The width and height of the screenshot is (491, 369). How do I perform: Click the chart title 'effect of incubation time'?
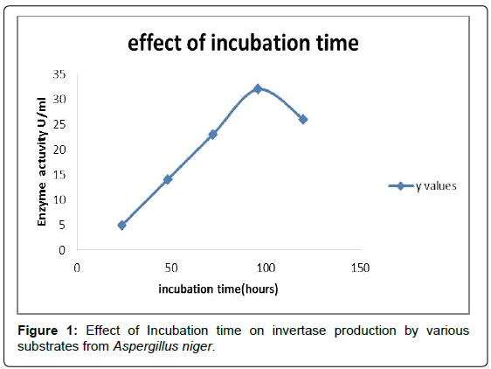(243, 43)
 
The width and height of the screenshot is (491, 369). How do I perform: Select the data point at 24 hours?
(122, 225)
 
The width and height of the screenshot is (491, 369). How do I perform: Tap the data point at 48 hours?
(168, 179)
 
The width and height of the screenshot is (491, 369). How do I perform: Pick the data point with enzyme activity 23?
(213, 135)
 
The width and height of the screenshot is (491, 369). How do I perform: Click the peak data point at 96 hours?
(258, 89)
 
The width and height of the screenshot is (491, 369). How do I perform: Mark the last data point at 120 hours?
(303, 120)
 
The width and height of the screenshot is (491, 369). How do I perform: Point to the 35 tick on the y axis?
(59, 74)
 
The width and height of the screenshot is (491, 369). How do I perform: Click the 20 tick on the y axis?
(59, 150)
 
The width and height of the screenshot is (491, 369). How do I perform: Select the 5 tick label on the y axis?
(62, 225)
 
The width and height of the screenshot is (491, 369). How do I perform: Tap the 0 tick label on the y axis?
(62, 250)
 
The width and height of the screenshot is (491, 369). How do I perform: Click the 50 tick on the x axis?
(171, 268)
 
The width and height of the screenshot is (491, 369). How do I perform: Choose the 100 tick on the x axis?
(266, 268)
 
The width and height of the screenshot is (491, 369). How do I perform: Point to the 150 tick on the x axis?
(360, 268)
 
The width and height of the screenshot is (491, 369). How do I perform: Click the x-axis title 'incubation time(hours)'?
(218, 289)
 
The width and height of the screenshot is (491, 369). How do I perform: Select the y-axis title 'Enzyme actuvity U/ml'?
(42, 162)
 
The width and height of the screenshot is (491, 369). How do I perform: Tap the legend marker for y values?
(401, 186)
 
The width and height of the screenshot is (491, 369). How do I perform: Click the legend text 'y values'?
(436, 186)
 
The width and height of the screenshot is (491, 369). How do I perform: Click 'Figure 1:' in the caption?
(47, 331)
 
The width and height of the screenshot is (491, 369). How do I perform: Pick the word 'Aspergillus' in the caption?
(142, 347)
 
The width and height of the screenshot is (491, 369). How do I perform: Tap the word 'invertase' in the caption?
(299, 331)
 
